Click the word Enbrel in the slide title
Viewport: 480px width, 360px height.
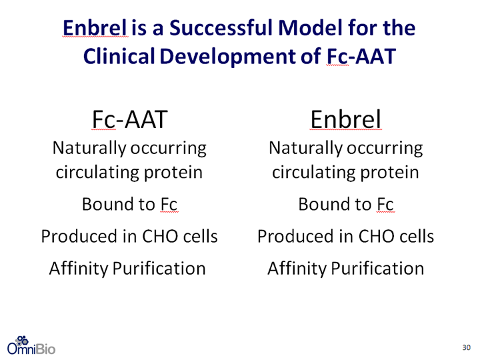95,27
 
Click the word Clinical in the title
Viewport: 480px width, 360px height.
119,56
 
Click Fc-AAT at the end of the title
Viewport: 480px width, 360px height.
361,56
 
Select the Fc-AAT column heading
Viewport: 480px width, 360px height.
130,119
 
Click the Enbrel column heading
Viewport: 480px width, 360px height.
345,119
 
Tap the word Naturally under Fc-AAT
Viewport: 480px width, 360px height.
89,149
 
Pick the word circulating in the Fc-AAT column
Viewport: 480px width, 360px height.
97,173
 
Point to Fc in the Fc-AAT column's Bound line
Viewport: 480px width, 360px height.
169,204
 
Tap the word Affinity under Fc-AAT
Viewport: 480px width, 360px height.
79,269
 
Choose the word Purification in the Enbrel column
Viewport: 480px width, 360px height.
377,269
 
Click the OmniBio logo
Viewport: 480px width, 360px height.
31,345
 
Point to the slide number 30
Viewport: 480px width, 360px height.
466,347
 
